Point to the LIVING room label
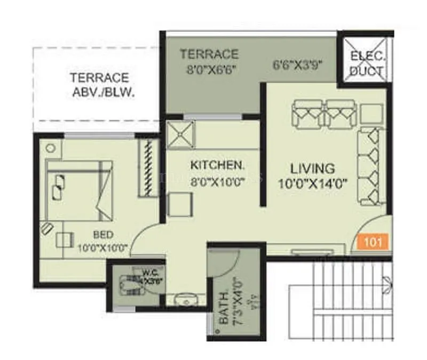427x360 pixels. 313,169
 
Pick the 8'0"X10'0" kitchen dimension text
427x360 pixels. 217,181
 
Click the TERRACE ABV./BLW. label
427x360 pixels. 99,84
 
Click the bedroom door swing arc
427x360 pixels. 144,237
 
